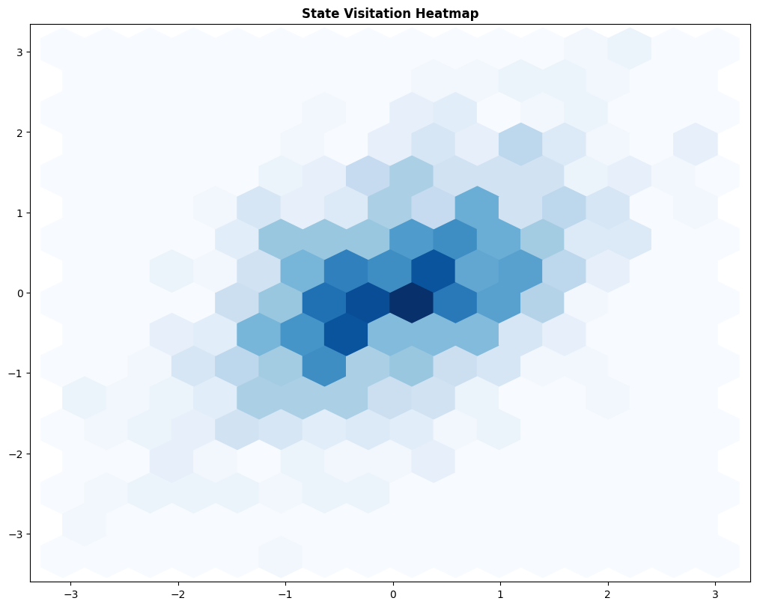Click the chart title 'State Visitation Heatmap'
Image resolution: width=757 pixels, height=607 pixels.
pos(389,13)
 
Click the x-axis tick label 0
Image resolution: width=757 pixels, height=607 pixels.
pos(393,594)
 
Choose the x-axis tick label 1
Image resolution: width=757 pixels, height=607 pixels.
pos(501,594)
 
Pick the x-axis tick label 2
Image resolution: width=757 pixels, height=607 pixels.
pos(608,594)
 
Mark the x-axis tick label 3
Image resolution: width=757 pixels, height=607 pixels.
pos(716,594)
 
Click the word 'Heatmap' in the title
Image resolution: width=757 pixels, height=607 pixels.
pos(452,13)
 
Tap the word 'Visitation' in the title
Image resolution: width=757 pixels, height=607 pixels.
pos(377,13)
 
